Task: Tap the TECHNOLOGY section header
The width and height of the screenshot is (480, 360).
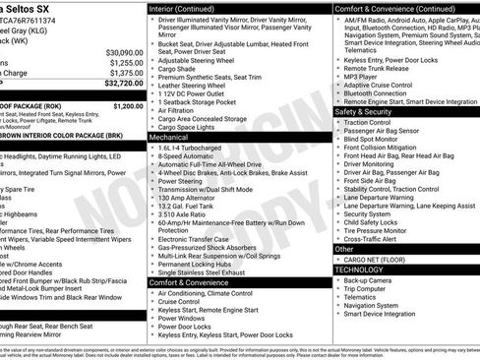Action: click(359, 269)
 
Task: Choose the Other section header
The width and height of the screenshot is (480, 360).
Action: click(344, 250)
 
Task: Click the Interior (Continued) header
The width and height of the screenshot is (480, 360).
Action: click(194, 8)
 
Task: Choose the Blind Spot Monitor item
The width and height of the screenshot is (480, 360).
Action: click(378, 140)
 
